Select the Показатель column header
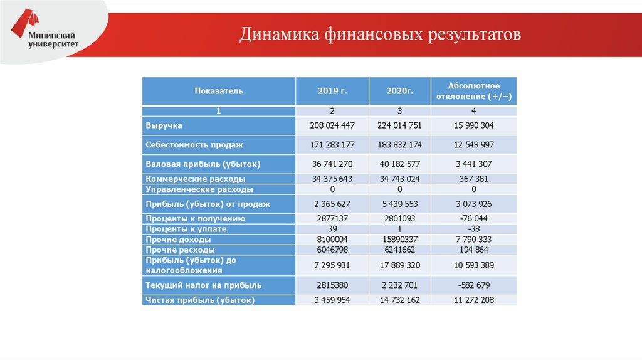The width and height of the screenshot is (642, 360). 218,91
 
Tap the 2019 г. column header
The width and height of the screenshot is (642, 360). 332,91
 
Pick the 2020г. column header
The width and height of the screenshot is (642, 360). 399,91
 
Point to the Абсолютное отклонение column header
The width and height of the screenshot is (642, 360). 474,91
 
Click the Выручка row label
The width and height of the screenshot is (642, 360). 164,125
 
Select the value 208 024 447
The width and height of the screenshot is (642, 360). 332,125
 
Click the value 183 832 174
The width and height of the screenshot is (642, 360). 399,145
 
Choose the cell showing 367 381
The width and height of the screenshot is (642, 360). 474,179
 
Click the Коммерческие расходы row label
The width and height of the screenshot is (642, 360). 190,179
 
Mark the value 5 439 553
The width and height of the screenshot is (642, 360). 399,204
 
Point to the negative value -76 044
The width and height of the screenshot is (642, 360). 474,219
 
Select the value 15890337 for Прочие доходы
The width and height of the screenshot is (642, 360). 399,240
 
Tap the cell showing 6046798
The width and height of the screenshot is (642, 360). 332,250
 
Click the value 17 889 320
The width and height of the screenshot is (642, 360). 399,265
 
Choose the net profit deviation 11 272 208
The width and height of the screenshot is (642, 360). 474,300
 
